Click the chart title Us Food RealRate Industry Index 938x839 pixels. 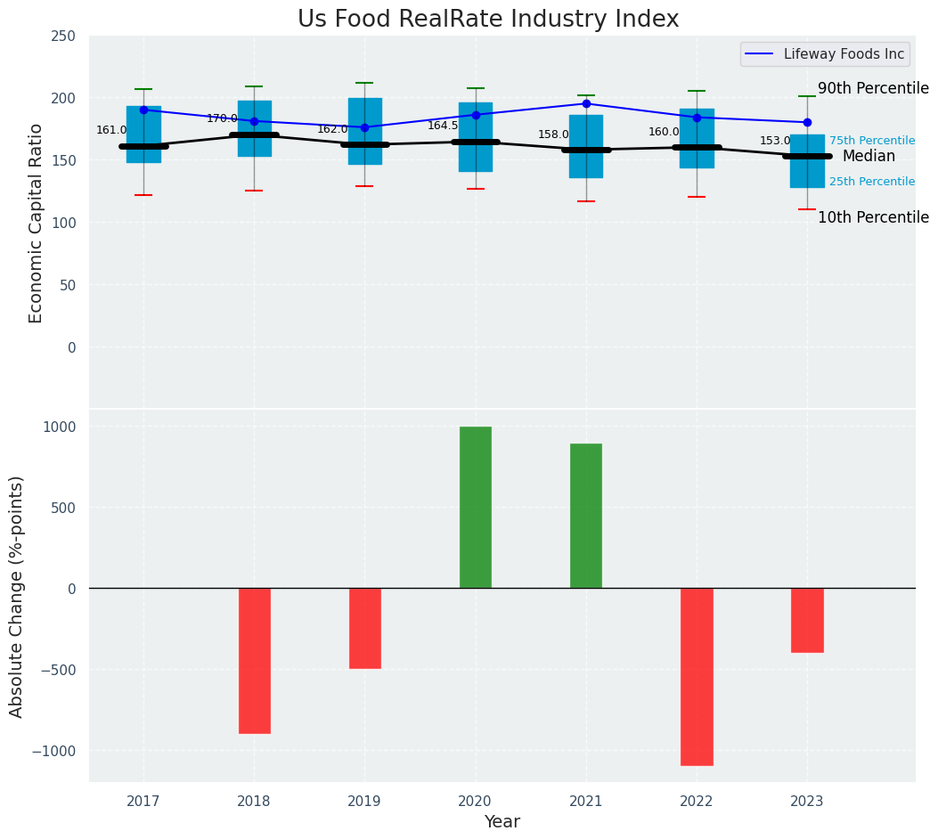(x=488, y=20)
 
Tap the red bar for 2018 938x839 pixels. (x=255, y=660)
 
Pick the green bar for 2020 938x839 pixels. (x=476, y=507)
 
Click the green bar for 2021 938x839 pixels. (x=586, y=516)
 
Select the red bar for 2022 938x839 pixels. (x=697, y=676)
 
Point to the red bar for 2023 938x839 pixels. (x=807, y=620)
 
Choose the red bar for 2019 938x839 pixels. (x=365, y=628)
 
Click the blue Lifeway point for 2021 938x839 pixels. (x=586, y=103)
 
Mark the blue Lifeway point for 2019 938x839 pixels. (x=364, y=127)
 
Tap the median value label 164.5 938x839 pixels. (x=443, y=126)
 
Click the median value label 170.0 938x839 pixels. (x=222, y=118)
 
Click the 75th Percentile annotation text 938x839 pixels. (x=872, y=141)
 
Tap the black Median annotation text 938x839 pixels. (x=869, y=156)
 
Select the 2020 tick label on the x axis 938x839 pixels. (x=476, y=802)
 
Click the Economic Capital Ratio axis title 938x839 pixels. (x=37, y=223)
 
